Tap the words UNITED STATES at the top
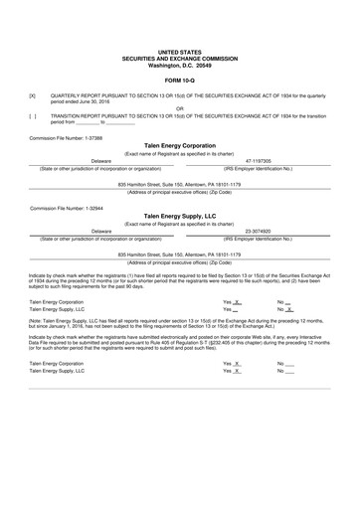[x=180, y=49]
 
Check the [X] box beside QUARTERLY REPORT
[x=33, y=94]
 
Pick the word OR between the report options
[x=180, y=108]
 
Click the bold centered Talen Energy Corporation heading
[x=180, y=145]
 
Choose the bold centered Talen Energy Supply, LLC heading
[x=180, y=217]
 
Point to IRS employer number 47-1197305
[x=258, y=160]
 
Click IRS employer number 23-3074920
[x=258, y=231]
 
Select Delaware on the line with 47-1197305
[x=101, y=160]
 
